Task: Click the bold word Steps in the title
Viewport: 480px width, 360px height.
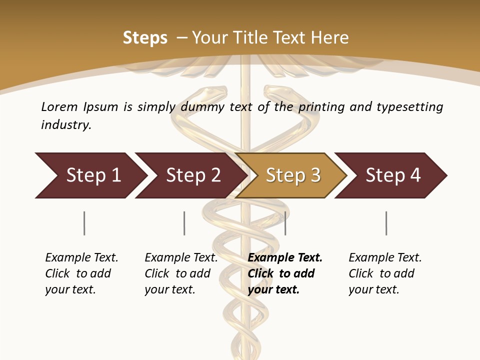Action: (145, 38)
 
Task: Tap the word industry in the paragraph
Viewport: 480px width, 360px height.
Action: (66, 125)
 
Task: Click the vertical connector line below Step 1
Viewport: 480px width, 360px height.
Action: (84, 223)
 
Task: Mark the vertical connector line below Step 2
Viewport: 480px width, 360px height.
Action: (184, 223)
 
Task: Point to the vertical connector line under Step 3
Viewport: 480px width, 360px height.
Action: (285, 223)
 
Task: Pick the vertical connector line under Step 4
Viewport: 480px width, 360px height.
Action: (386, 223)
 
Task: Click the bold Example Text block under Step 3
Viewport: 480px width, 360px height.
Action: (285, 273)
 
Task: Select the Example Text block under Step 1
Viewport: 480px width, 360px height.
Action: (81, 273)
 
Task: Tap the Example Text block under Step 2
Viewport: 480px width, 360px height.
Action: (181, 273)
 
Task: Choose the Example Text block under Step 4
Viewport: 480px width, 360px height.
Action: (385, 273)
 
